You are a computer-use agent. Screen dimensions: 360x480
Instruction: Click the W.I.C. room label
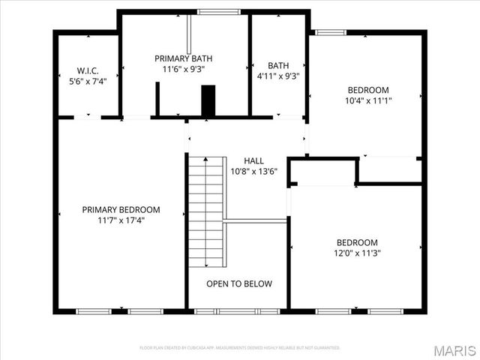tap(88, 70)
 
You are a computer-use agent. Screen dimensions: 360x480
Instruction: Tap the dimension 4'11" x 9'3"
tap(277, 76)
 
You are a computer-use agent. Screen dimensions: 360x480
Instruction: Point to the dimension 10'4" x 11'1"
tap(367, 100)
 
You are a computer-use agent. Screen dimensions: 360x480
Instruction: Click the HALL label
tap(253, 160)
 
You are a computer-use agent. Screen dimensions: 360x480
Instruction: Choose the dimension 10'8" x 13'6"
tap(253, 171)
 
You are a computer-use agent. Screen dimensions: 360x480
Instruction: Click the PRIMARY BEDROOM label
tap(121, 210)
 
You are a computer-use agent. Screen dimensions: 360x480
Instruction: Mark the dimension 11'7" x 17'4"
tap(121, 220)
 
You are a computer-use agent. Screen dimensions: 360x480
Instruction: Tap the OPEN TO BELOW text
tap(239, 283)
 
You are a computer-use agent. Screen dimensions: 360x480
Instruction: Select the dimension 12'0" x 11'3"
tap(356, 253)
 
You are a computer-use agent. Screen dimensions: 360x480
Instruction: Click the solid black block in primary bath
tap(208, 100)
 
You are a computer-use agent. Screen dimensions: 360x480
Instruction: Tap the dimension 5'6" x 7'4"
tap(88, 80)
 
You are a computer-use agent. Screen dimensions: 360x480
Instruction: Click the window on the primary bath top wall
tap(219, 12)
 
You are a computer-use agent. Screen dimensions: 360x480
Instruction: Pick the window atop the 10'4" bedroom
tap(326, 32)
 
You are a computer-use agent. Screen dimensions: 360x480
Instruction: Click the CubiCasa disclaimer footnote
tap(239, 348)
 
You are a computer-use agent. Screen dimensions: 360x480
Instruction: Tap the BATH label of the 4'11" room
tap(277, 65)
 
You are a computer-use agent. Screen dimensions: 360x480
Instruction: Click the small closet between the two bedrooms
tap(322, 172)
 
